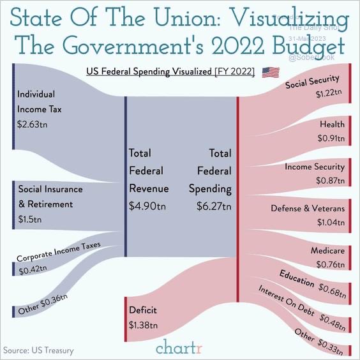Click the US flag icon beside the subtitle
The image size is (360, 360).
click(x=271, y=71)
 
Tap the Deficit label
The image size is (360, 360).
click(x=143, y=311)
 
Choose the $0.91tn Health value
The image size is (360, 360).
click(x=331, y=137)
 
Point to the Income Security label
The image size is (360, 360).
click(x=315, y=167)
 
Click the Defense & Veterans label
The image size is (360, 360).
click(x=308, y=208)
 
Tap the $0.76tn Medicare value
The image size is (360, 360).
click(x=331, y=265)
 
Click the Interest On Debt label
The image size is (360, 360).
click(x=286, y=300)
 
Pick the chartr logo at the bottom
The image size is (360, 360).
click(x=179, y=349)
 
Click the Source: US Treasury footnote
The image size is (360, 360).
click(x=38, y=350)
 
